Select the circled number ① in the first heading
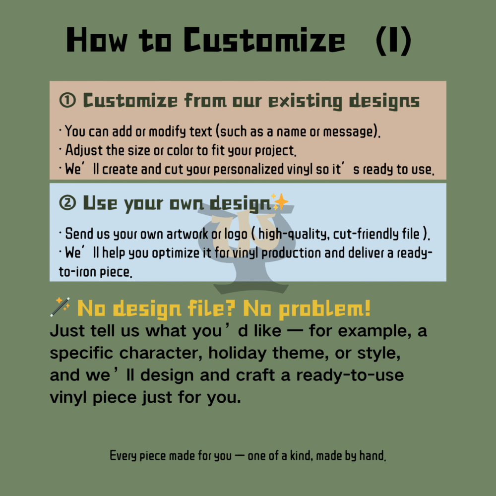tap(67, 101)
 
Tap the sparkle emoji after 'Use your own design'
tap(280, 201)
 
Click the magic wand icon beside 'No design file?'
tap(60, 308)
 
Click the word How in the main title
tap(96, 41)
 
